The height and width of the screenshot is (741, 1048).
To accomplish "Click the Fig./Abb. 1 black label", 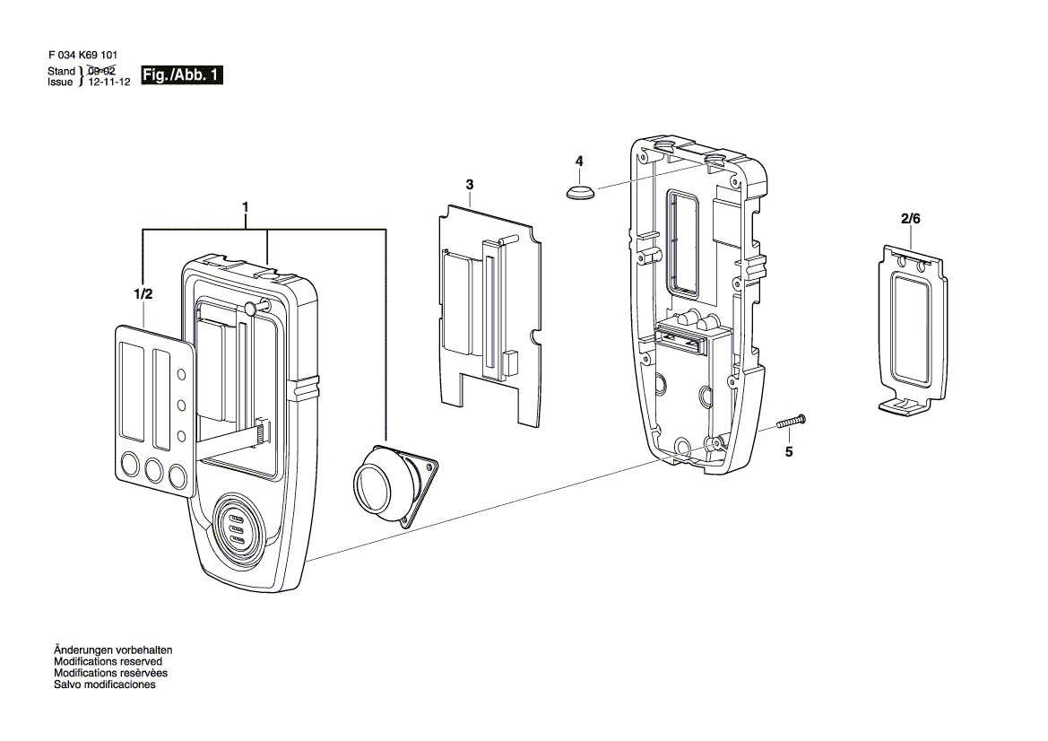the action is [182, 74].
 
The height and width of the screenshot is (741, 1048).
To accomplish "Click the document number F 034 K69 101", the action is [82, 56].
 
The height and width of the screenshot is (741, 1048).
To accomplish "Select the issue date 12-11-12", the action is [109, 83].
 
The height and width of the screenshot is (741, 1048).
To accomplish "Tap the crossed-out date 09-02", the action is [101, 71].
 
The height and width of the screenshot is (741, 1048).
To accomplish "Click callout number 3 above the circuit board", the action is [470, 185].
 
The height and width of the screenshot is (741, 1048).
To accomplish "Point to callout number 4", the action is [579, 161].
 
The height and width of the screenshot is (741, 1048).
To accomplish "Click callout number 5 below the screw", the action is [789, 452].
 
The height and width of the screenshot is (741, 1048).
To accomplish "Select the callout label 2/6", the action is [910, 219].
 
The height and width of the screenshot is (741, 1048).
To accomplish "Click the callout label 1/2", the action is [143, 294].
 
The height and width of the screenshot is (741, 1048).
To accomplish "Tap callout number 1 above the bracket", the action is [246, 207].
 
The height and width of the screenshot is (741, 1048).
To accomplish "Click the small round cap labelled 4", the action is [580, 192].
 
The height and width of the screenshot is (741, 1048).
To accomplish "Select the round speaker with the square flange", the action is [394, 485].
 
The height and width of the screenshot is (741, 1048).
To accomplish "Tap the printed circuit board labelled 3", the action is [489, 316].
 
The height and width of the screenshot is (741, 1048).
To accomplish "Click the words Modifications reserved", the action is [108, 661].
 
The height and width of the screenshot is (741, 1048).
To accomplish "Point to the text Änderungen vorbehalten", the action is [113, 650].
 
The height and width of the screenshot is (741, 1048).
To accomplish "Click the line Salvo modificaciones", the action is [105, 684].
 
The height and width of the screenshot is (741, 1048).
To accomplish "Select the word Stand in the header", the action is [62, 71].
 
